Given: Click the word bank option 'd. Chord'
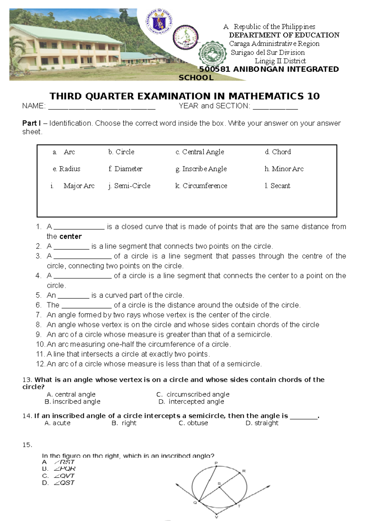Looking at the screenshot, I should [x=278, y=152].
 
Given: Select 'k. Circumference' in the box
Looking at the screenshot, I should [x=201, y=186].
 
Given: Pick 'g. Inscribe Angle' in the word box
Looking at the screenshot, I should [x=201, y=169].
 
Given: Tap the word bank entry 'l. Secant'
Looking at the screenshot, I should [x=277, y=186].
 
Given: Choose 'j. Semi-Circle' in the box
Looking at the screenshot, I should [x=129, y=186].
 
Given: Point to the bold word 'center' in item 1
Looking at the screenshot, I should [x=71, y=237].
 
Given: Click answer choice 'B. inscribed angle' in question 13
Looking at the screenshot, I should [x=73, y=402].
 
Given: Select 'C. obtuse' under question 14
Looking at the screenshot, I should [x=193, y=423].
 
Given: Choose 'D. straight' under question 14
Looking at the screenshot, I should [x=262, y=423].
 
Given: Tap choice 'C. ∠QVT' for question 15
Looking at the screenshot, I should [x=58, y=476].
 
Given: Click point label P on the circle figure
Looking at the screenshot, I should [x=216, y=463].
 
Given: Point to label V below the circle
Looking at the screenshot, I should [x=216, y=517].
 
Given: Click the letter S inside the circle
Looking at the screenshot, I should [x=219, y=484].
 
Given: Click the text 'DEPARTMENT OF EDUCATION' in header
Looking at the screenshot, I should [x=284, y=35].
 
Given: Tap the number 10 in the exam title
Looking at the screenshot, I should [x=313, y=96].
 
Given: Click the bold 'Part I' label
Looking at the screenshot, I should [x=31, y=123].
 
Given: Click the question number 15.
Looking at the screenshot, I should [x=27, y=445].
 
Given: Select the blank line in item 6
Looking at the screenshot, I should [x=86, y=306].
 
